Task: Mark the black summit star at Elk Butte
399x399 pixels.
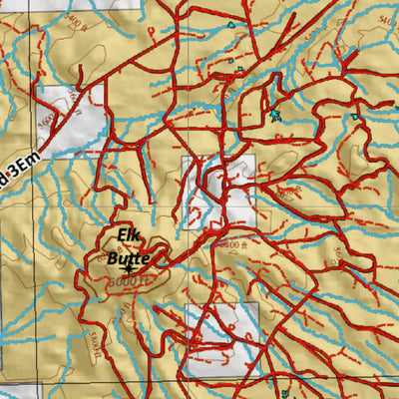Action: [x=129, y=268]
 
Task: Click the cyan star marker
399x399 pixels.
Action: [x=276, y=115]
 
